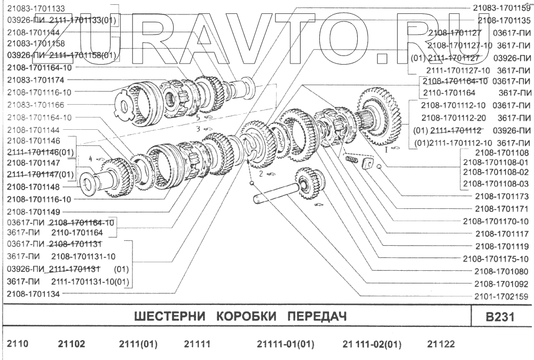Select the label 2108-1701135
click(x=504, y=21)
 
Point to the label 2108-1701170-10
click(x=495, y=221)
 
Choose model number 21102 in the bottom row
click(x=71, y=344)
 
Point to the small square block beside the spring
click(x=367, y=163)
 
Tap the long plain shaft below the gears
click(x=272, y=193)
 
